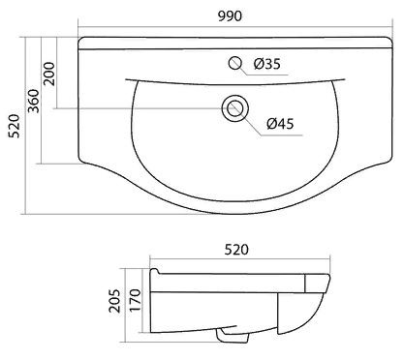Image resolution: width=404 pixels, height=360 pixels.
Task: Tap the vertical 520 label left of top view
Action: tap(13, 123)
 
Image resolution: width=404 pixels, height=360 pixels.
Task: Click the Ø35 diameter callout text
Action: tap(267, 65)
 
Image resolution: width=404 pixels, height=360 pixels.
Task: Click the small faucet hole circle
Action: tap(233, 65)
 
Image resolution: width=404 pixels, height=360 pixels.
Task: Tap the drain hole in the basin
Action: tap(233, 107)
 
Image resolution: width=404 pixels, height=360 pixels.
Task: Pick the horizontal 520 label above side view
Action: tap(237, 250)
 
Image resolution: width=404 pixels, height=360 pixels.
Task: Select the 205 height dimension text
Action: tap(113, 301)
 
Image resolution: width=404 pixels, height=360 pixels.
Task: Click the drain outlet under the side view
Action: tap(231, 336)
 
